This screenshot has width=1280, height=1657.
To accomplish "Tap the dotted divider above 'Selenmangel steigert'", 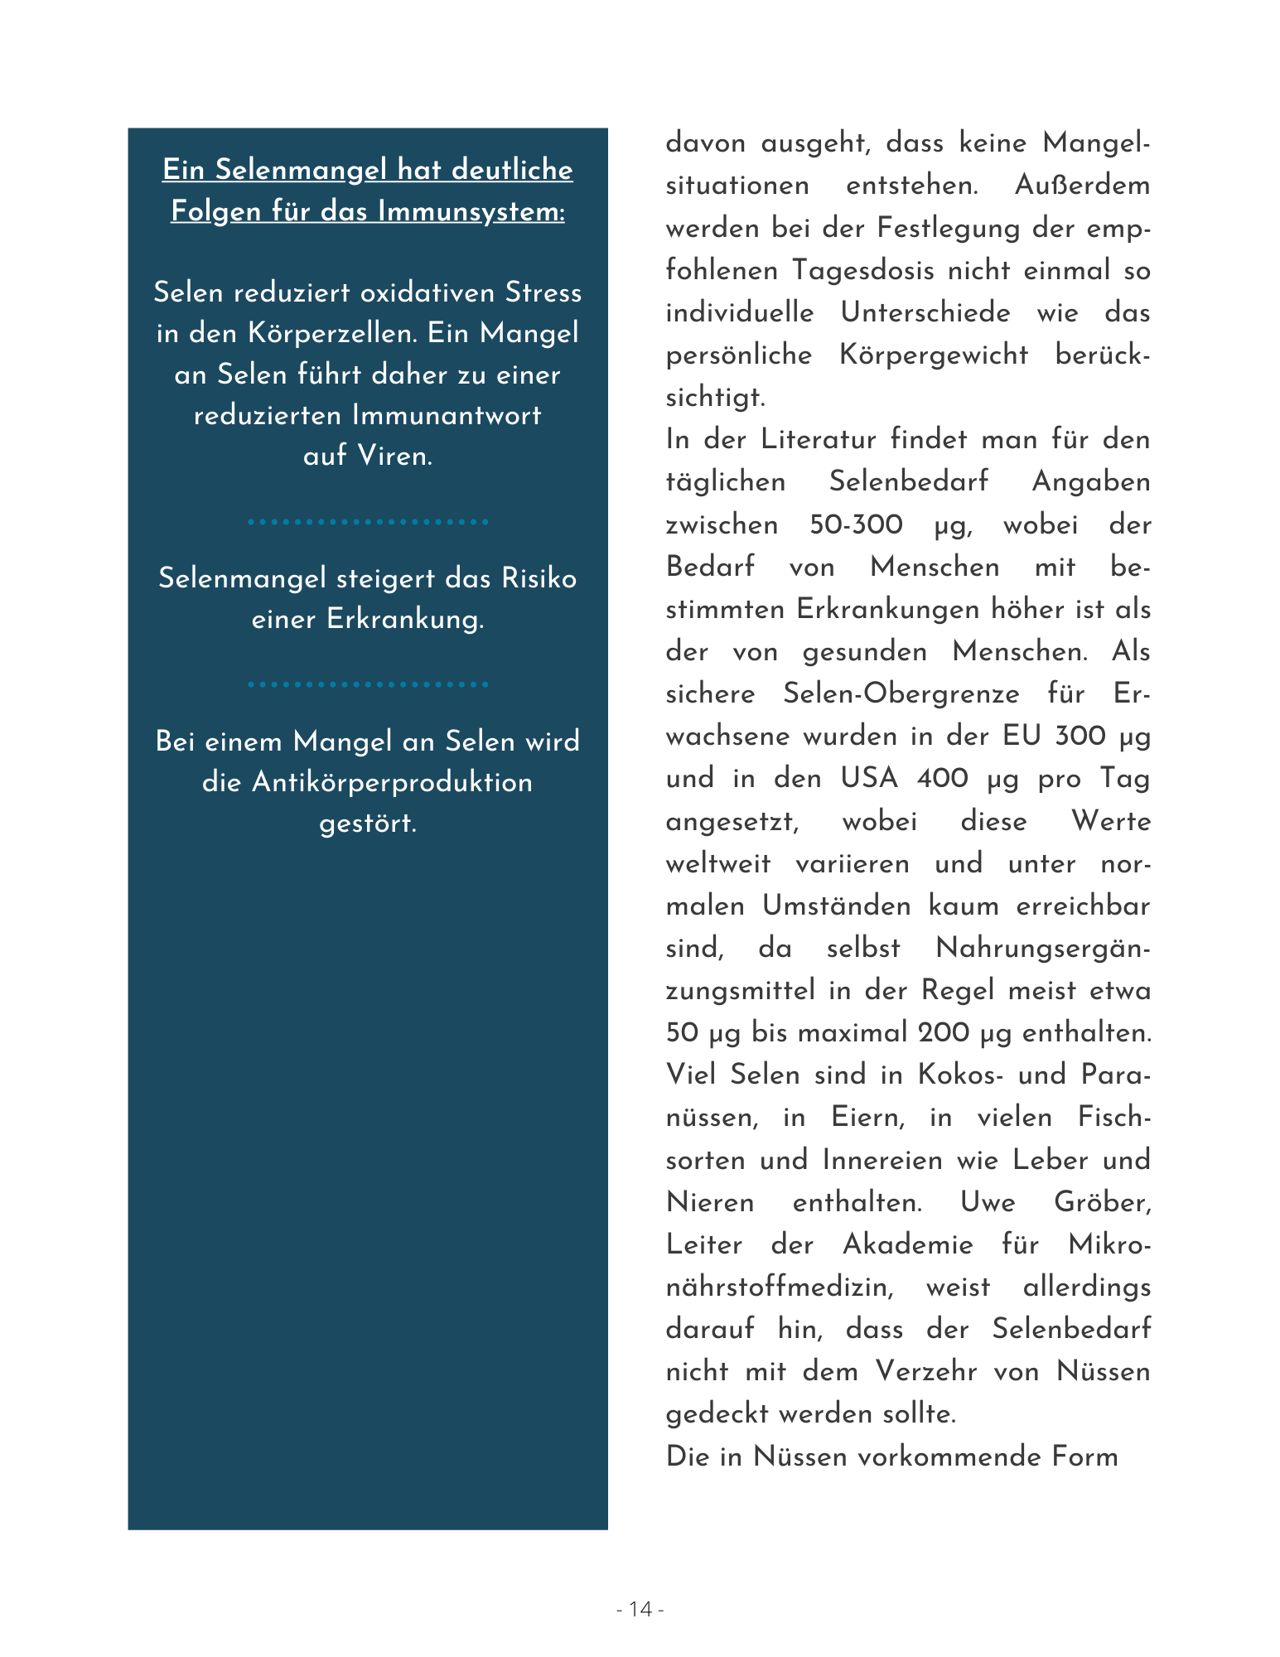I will click(x=368, y=522).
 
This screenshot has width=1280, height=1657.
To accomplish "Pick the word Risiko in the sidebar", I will click(x=539, y=577).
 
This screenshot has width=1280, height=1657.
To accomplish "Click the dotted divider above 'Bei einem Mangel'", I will click(x=368, y=684).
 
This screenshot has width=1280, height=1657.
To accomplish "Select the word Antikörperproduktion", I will click(x=392, y=782).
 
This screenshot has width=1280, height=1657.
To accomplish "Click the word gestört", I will click(x=368, y=823).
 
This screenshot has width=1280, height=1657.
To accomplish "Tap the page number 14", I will click(x=640, y=1609).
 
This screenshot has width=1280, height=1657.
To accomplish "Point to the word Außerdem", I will click(x=1082, y=185).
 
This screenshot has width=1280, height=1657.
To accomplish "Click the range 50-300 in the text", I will click(x=856, y=524).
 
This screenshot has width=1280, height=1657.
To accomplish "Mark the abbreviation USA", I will click(x=869, y=778).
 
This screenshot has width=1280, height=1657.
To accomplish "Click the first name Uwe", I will click(x=987, y=1201).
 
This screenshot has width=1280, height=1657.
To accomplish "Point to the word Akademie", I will click(x=908, y=1244).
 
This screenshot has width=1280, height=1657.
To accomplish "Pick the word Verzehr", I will click(x=926, y=1371).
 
